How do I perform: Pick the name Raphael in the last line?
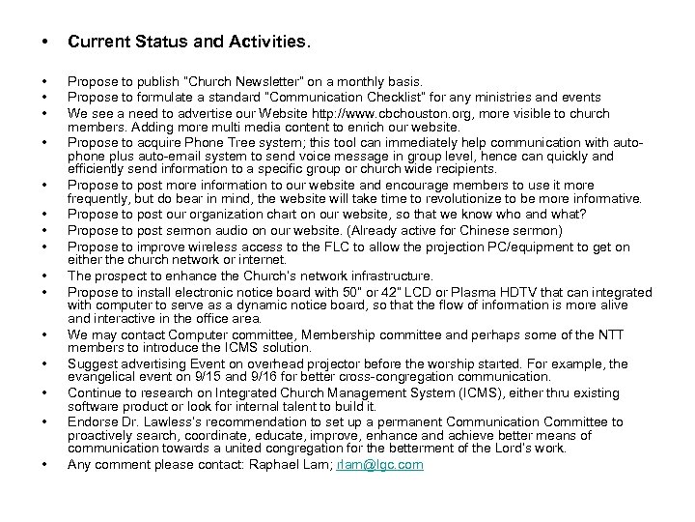click(x=281, y=465)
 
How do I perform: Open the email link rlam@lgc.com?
click(x=380, y=465)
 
